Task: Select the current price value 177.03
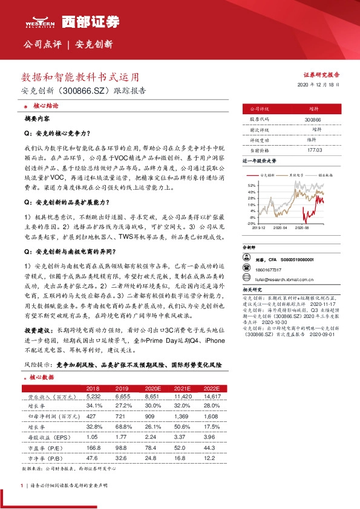pyautogui.click(x=313, y=149)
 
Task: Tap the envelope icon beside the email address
pyautogui.click(x=247, y=279)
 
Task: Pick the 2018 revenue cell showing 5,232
pyautogui.click(x=93, y=396)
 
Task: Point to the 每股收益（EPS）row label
pyautogui.click(x=46, y=436)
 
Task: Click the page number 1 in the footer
pyautogui.click(x=22, y=485)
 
